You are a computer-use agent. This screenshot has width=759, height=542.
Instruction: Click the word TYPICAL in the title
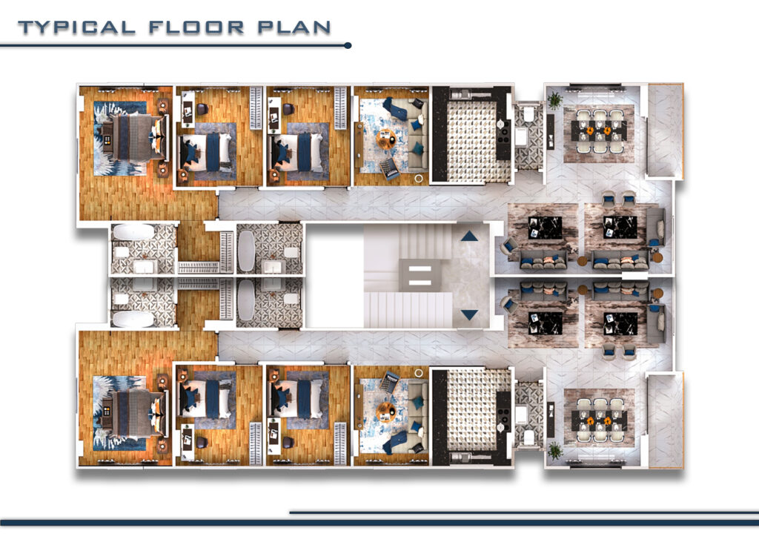pyautogui.click(x=76, y=27)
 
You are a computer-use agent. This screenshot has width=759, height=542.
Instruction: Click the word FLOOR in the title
pyautogui.click(x=196, y=27)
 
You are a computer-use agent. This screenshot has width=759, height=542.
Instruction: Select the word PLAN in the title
pyautogui.click(x=294, y=27)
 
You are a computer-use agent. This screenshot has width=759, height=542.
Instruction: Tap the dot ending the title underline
pyautogui.click(x=348, y=45)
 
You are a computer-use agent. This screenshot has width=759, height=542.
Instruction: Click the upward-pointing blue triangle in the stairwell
pyautogui.click(x=469, y=236)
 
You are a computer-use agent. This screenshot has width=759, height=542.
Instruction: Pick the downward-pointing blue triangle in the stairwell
pyautogui.click(x=469, y=315)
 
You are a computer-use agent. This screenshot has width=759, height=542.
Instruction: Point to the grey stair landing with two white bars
pyautogui.click(x=420, y=275)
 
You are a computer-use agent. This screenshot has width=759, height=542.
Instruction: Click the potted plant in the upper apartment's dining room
pyautogui.click(x=554, y=100)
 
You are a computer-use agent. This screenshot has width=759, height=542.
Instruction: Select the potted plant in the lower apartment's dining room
pyautogui.click(x=554, y=451)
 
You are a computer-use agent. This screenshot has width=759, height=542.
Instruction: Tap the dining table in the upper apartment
pyautogui.click(x=599, y=130)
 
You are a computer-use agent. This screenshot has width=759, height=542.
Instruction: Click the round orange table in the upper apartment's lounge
pyautogui.click(x=386, y=140)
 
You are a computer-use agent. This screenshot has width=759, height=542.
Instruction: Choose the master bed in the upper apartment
pyautogui.click(x=135, y=138)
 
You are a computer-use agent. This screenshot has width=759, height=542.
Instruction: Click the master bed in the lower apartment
pyautogui.click(x=135, y=413)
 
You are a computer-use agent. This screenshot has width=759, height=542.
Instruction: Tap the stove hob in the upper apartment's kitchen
pyautogui.click(x=503, y=131)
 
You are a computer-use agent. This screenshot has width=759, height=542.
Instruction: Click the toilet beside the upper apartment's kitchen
pyautogui.click(x=528, y=113)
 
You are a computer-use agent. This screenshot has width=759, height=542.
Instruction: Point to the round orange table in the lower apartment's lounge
pyautogui.click(x=386, y=412)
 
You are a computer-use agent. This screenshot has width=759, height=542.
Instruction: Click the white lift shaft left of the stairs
pyautogui.click(x=334, y=275)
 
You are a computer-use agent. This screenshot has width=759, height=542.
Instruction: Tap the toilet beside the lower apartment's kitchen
pyautogui.click(x=528, y=437)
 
